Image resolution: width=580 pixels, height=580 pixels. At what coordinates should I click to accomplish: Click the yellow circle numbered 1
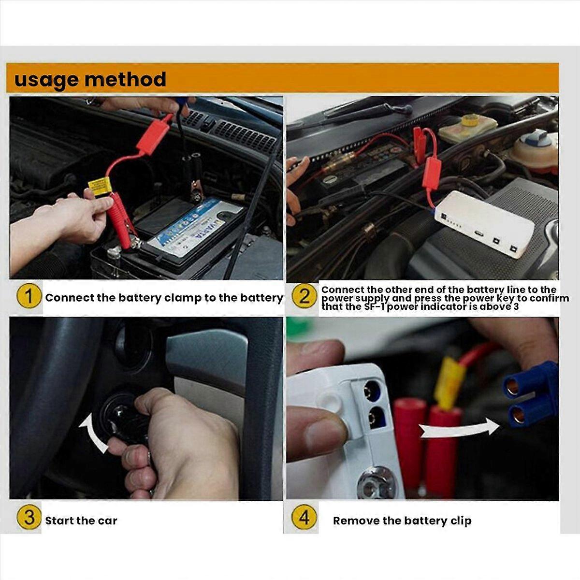pyautogui.click(x=29, y=297)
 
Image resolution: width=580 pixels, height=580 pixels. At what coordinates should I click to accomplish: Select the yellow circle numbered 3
pyautogui.click(x=29, y=518)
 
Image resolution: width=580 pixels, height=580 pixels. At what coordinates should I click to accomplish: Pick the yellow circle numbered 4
pyautogui.click(x=304, y=518)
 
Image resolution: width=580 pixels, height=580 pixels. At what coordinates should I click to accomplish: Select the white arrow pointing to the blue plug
pyautogui.click(x=459, y=429)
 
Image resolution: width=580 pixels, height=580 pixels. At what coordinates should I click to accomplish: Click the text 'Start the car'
pyautogui.click(x=81, y=521)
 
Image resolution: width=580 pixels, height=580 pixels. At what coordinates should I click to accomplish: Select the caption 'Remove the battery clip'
pyautogui.click(x=402, y=521)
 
